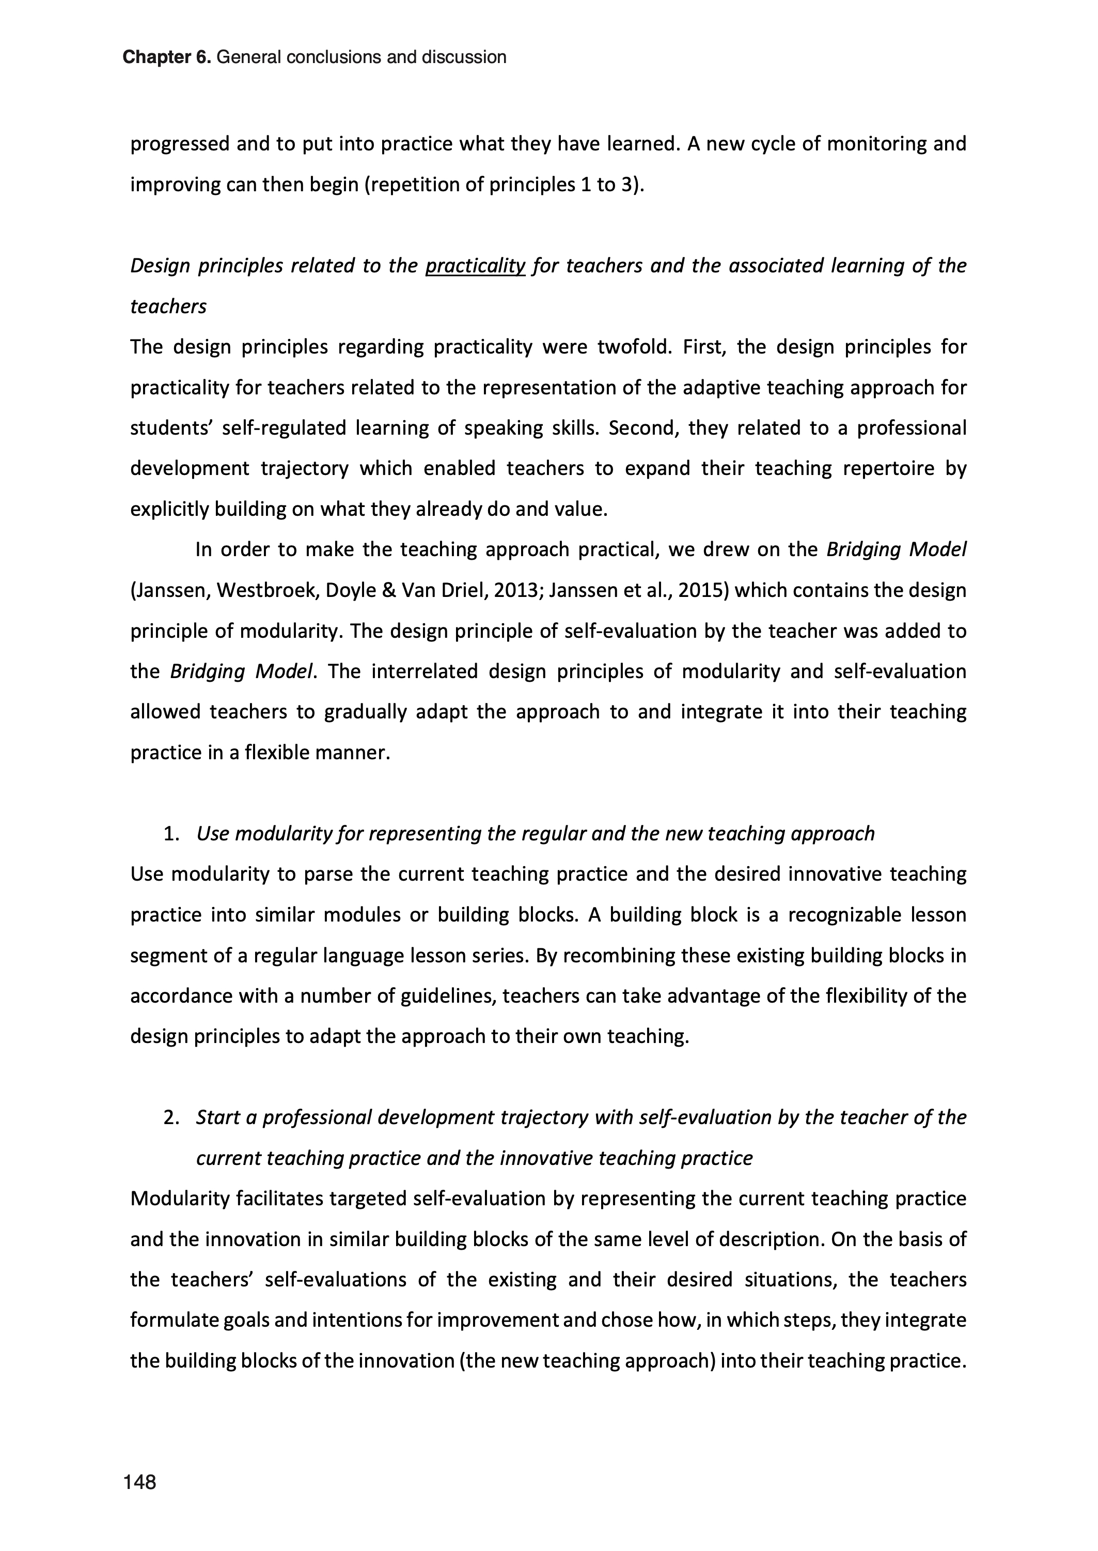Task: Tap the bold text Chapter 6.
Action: pos(166,57)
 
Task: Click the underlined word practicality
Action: pos(475,266)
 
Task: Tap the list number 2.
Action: pos(170,1118)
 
